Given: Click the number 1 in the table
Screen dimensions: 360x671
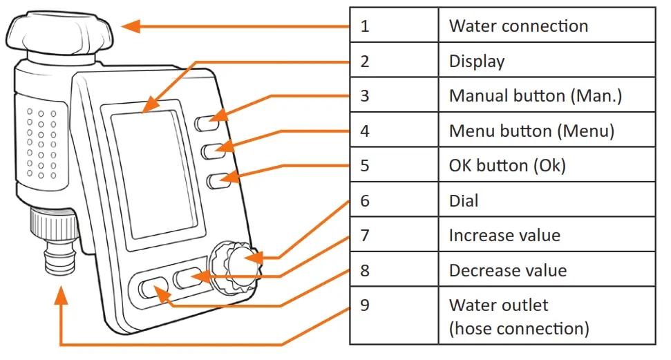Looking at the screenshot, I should tap(365, 26).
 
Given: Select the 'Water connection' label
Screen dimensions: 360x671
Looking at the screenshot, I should tap(518, 26).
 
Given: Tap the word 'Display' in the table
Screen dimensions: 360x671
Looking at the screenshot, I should tap(477, 61).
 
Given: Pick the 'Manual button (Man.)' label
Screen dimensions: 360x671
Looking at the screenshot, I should tap(536, 96).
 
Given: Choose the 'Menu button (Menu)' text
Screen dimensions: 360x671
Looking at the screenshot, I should tap(531, 131).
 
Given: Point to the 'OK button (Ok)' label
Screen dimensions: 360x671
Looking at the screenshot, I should tap(507, 166).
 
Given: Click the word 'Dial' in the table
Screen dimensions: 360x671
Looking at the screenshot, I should tap(464, 201).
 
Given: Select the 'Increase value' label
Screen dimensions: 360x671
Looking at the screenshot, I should tap(504, 236).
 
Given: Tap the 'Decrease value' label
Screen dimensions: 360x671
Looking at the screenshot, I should tap(508, 270).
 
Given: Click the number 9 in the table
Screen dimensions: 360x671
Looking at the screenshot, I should tap(365, 305).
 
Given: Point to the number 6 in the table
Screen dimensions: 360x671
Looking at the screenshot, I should tap(365, 201).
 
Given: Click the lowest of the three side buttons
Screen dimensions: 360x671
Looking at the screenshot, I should tap(218, 180).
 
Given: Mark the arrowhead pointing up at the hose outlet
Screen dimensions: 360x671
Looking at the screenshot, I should tap(62, 296).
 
